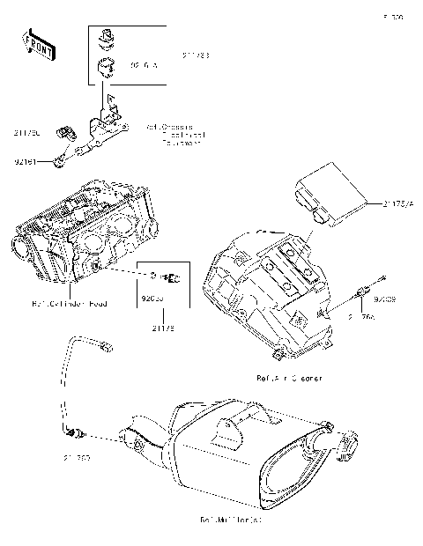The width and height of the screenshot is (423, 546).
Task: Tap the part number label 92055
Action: click(x=153, y=299)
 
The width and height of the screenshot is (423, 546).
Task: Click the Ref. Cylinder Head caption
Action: click(x=70, y=304)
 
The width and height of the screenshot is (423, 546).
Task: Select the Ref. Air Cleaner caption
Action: click(x=288, y=377)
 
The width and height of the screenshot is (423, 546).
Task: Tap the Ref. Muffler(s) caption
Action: click(x=231, y=519)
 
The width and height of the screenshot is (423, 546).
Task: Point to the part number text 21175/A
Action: click(x=396, y=203)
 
